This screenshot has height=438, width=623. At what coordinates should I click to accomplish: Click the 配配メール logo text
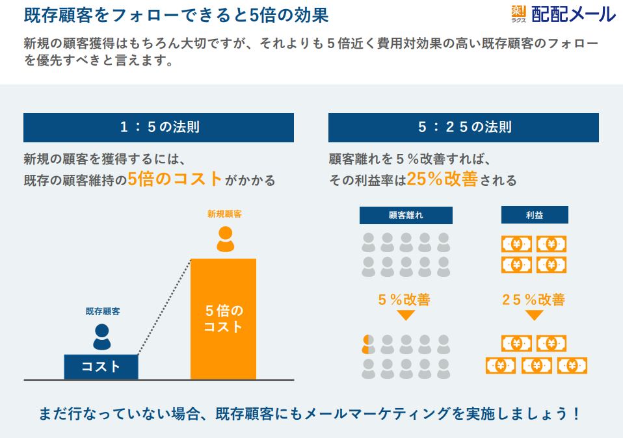pos(574,14)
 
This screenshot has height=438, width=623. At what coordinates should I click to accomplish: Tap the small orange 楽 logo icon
pos(518,12)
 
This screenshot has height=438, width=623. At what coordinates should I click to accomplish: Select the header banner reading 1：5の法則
pos(159,127)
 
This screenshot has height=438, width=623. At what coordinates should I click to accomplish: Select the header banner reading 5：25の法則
pos(463,127)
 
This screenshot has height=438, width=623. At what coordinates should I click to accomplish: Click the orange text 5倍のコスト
pos(175,179)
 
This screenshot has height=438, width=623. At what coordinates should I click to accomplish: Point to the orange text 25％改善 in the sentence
pos(442,179)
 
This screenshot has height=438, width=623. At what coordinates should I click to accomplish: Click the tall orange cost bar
pos(223,319)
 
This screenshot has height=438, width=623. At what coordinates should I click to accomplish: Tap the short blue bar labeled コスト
pos(101,367)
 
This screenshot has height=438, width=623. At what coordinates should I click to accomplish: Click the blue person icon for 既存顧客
pos(102,337)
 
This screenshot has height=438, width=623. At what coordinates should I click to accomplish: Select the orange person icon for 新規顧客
pos(225,239)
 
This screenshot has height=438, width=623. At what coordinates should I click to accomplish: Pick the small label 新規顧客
pos(224,214)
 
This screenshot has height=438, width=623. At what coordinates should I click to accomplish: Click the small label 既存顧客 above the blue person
pos(103,311)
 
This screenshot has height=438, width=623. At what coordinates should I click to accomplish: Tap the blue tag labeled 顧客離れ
pos(406,215)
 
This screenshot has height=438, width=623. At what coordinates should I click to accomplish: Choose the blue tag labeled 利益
pos(535,215)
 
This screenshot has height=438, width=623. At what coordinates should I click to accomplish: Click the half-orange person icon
pos(368,344)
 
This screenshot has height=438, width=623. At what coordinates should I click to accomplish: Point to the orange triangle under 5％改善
pos(406,315)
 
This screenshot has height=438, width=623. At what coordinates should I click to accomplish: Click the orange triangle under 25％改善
pos(535,315)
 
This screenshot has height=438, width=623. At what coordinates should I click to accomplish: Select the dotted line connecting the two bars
pos(164,307)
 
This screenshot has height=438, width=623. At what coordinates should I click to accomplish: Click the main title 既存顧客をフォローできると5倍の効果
pos(176,15)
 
